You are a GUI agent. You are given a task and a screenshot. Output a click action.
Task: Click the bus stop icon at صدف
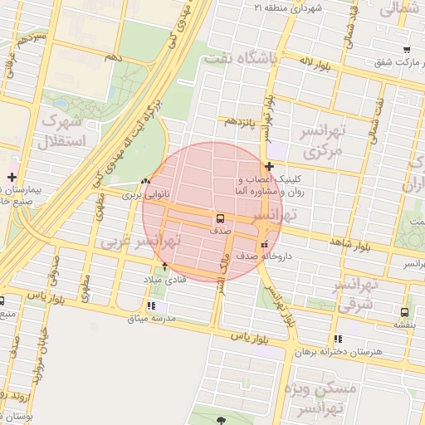click(x=220, y=219)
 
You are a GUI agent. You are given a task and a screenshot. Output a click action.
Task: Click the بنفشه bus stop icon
click(x=404, y=313)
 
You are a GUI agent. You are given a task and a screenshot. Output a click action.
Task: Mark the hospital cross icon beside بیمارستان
click(x=12, y=177)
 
